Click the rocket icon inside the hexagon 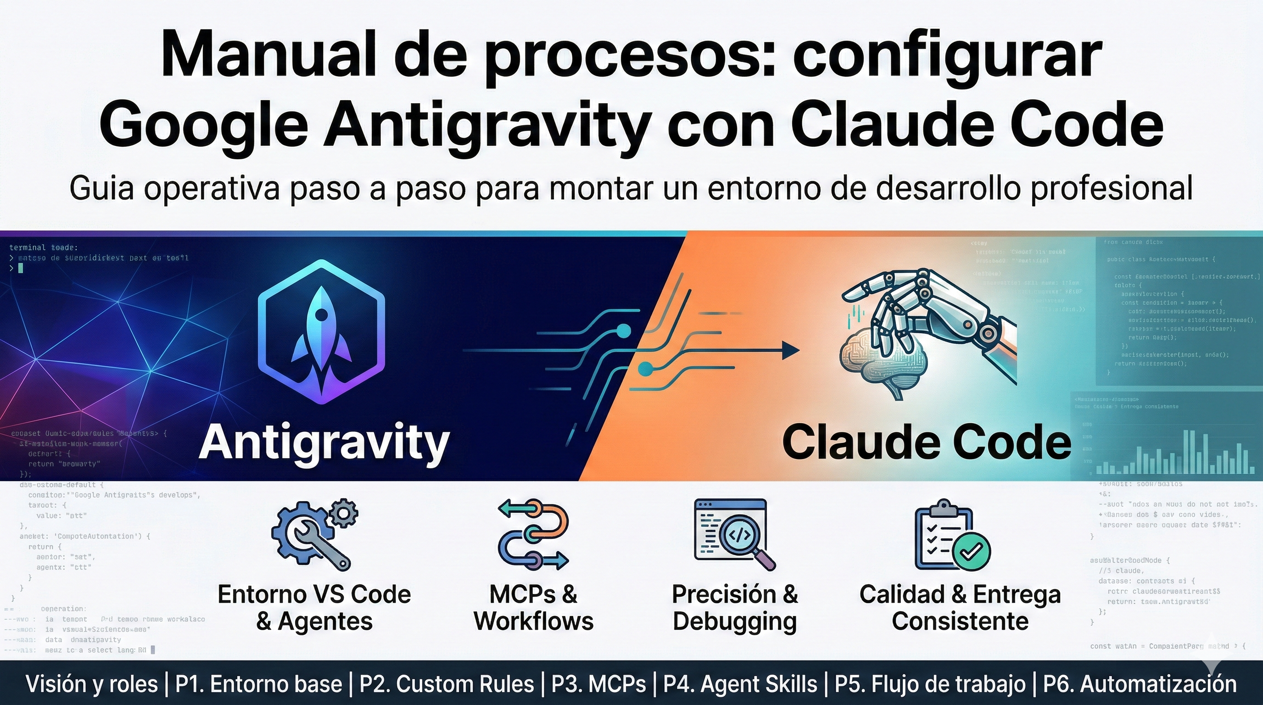click(321, 333)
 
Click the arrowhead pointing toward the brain click(790, 351)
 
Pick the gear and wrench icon click(314, 534)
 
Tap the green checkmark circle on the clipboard click(971, 551)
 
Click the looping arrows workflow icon click(533, 534)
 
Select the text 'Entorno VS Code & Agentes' click(314, 608)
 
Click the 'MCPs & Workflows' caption click(533, 608)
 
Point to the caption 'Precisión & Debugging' click(734, 608)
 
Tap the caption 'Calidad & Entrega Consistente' click(960, 608)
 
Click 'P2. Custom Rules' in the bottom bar click(447, 684)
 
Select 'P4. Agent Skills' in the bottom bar click(740, 684)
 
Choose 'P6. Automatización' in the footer click(1140, 684)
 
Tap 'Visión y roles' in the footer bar click(92, 684)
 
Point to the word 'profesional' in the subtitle click(1111, 188)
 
